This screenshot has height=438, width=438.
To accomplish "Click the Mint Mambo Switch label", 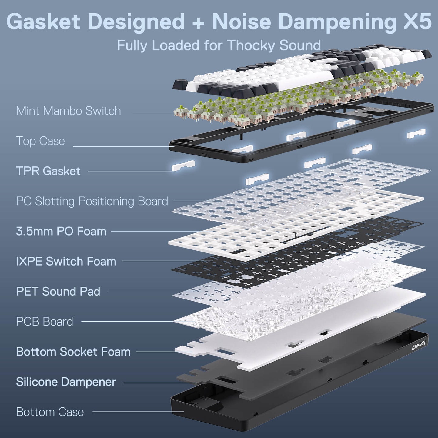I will [68, 111].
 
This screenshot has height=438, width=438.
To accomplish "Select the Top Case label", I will [40, 141].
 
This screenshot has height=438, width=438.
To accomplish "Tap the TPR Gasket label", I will [48, 171].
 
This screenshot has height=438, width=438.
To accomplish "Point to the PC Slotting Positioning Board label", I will [92, 201].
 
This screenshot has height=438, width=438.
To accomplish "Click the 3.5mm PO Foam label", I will [61, 231].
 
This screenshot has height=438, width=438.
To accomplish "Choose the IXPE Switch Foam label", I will [66, 261].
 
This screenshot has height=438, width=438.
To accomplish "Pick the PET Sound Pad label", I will [58, 292].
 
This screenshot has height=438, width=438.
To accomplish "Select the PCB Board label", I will [44, 322].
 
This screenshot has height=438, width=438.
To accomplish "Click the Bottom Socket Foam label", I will [73, 352].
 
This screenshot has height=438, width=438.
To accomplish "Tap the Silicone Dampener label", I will [66, 382].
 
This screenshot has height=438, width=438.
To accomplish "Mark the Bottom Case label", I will [50, 412].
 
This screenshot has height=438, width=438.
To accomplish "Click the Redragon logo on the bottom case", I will [419, 345].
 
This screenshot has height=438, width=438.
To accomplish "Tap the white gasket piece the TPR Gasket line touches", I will [183, 166].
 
